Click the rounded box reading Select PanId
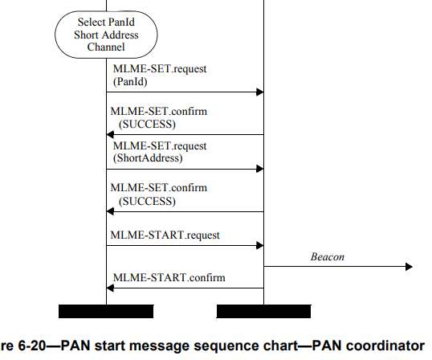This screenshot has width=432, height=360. tap(105, 35)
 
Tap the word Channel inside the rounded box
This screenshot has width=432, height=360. tap(105, 47)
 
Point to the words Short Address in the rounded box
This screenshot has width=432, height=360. tap(105, 35)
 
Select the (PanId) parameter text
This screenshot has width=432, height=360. tap(132, 81)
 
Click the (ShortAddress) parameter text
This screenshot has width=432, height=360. tap(148, 158)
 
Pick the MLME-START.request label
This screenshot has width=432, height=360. tap(166, 235)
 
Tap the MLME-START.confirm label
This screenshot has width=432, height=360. tap(169, 278)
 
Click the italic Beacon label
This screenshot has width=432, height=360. tap(328, 257)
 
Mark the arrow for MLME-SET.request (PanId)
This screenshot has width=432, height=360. tap(185, 92)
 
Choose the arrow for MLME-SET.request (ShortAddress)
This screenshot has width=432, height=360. tap(185, 170)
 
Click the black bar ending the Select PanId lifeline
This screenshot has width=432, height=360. tap(106, 311)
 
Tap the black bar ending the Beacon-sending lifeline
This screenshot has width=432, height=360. tap(263, 311)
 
